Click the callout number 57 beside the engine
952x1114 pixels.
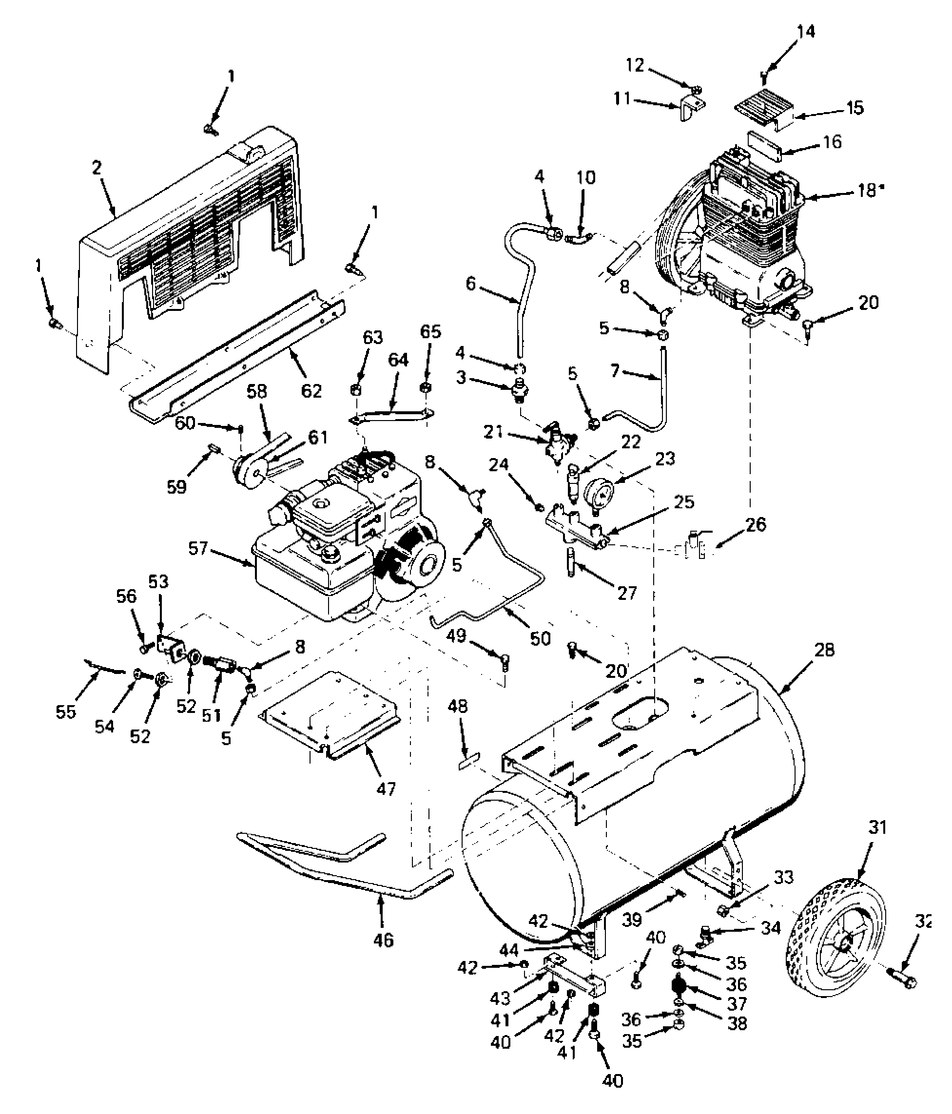(x=198, y=548)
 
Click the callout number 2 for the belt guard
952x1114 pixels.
(x=97, y=168)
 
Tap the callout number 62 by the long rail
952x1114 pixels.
(x=311, y=390)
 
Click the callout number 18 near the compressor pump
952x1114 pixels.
(x=865, y=191)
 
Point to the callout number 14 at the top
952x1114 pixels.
(x=805, y=32)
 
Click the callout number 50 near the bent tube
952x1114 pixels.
(x=540, y=638)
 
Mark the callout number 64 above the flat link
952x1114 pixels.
(x=398, y=360)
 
